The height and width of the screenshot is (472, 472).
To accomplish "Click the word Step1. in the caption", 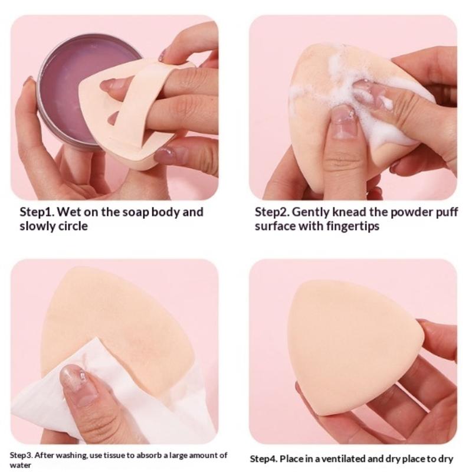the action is tap(37, 212).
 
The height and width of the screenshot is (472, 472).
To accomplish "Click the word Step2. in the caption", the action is tap(273, 212).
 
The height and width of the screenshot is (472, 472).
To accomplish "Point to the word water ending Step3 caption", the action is tap(21, 465).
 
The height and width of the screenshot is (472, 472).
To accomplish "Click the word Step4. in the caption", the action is tap(263, 459).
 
